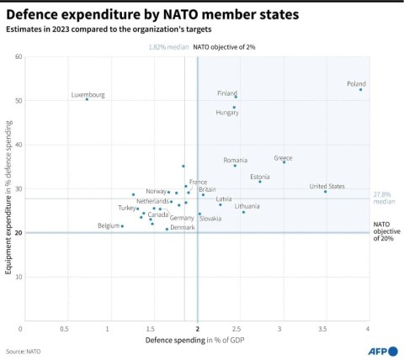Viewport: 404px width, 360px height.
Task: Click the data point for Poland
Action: click(361, 89)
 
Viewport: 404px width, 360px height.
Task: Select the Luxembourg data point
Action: click(87, 99)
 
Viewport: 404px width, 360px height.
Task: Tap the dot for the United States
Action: click(325, 192)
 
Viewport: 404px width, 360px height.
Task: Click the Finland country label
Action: click(227, 93)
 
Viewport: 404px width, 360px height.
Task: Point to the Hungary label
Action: click(227, 112)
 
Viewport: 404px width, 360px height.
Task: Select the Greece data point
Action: click(284, 161)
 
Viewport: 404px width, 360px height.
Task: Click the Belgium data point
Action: click(122, 225)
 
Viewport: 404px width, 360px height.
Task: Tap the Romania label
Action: click(236, 160)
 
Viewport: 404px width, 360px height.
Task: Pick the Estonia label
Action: click(260, 177)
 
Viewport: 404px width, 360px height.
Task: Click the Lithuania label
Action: click(247, 206)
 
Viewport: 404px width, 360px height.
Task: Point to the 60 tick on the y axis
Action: click(18, 56)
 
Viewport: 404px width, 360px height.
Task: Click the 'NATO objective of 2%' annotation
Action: click(224, 47)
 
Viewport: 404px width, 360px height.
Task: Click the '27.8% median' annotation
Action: click(384, 199)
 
